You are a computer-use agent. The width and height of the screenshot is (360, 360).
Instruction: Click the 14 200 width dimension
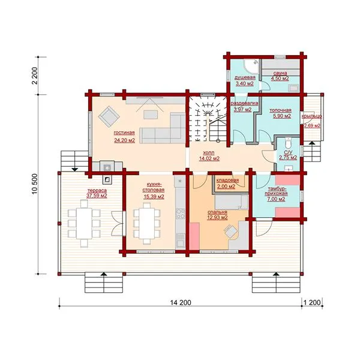[x=181, y=302]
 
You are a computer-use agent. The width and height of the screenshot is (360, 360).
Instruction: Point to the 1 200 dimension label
[x=312, y=302]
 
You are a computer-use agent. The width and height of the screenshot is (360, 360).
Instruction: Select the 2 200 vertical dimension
[x=35, y=76]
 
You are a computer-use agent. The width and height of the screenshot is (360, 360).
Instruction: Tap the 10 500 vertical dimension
[x=35, y=184]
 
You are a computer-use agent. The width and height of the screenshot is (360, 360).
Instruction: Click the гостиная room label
[x=124, y=133]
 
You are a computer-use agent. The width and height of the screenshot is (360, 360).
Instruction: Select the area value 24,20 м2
[x=124, y=140]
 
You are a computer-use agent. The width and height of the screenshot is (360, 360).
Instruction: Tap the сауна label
[x=280, y=73]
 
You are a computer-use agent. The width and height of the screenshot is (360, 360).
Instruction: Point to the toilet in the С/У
[x=287, y=143]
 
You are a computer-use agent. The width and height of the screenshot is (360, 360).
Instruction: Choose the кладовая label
[x=227, y=181]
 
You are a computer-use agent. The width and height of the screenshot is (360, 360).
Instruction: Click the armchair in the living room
[x=109, y=116]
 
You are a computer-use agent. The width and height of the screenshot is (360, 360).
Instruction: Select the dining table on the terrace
[x=84, y=223]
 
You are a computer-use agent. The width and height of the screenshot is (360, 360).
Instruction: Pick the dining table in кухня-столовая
[x=147, y=223]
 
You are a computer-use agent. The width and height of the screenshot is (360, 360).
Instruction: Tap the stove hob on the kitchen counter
[x=180, y=214]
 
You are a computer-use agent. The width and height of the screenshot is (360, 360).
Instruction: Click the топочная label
[x=280, y=110]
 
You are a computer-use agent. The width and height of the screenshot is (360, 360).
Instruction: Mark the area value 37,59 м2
[x=97, y=196]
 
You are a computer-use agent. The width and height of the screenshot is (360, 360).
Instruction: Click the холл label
[x=209, y=152]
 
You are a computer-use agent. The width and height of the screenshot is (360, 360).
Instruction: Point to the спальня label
[x=217, y=212]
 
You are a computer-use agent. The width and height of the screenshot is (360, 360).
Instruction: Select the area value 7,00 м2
[x=276, y=199]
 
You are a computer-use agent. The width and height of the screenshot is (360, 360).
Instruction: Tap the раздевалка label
[x=244, y=104]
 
